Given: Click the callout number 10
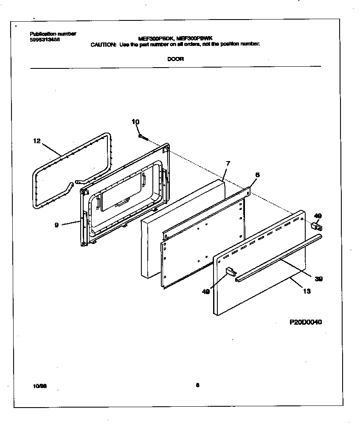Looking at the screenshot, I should pos(135,122).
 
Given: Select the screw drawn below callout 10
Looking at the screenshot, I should pos(143,137).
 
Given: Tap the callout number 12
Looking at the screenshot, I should pos(37,141).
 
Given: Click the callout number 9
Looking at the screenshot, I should pos(56,225).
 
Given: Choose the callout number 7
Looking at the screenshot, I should pos(228,163).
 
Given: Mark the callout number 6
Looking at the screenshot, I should pos(257,175).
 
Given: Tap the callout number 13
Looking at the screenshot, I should pos(307,291).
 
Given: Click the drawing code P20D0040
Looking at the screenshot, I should pos(306,322).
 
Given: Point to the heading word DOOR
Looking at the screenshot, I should pos(175,59).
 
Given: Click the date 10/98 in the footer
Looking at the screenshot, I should pos(39,386).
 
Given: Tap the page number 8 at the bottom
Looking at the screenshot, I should pos(197,385).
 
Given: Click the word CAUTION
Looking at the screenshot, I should pos(103,44).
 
